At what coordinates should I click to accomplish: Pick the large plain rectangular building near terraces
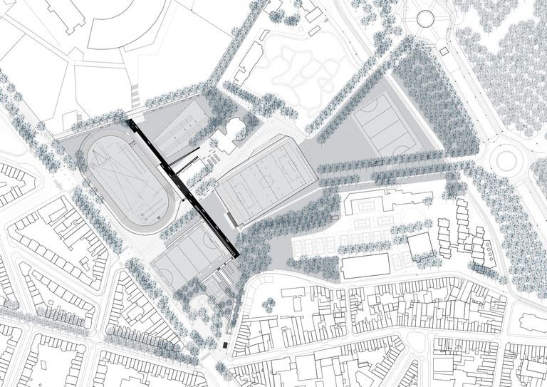click(x=365, y=266)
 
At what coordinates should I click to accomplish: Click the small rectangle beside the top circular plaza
click(x=443, y=51)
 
